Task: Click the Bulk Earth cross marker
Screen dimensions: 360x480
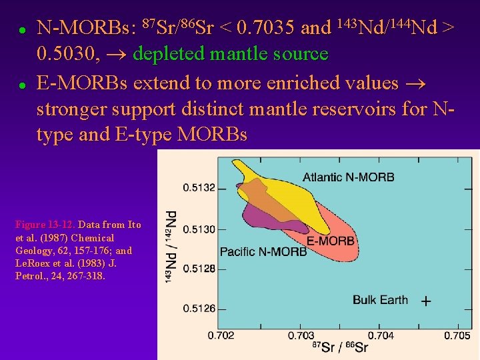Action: coord(426,301)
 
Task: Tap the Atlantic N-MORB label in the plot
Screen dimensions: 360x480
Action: coord(348,177)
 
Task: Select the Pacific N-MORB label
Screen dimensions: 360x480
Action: coord(263,252)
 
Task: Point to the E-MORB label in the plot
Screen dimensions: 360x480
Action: coord(331,241)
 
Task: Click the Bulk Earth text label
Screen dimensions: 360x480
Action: coord(380,300)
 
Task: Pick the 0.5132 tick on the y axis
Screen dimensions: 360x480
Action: coord(199,188)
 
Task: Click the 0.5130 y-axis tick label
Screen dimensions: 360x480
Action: coord(199,229)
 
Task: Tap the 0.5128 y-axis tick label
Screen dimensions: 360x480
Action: coord(199,269)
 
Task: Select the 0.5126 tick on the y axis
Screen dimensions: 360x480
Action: coord(199,308)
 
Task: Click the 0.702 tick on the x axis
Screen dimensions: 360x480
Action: coord(221,335)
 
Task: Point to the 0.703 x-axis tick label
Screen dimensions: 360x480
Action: coord(301,335)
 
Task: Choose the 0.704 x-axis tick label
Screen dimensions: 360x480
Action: coord(381,335)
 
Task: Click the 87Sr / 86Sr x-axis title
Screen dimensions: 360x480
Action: coord(340,347)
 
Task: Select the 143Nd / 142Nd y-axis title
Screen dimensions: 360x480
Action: coord(171,246)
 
